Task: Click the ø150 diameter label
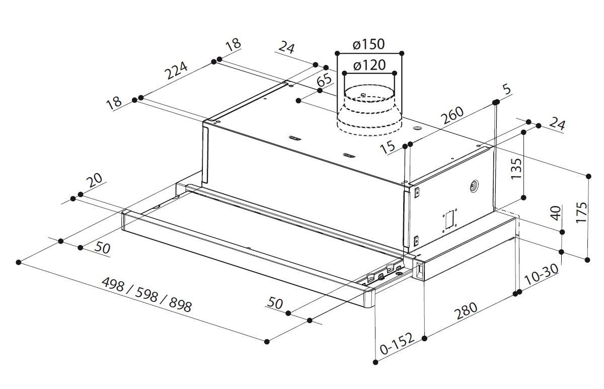(369, 44)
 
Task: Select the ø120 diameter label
(369, 65)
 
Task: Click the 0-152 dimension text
(398, 344)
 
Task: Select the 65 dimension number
(325, 81)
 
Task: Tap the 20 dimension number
(94, 180)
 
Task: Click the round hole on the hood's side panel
(473, 187)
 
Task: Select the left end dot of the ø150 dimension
(336, 52)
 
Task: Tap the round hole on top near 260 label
(417, 130)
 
